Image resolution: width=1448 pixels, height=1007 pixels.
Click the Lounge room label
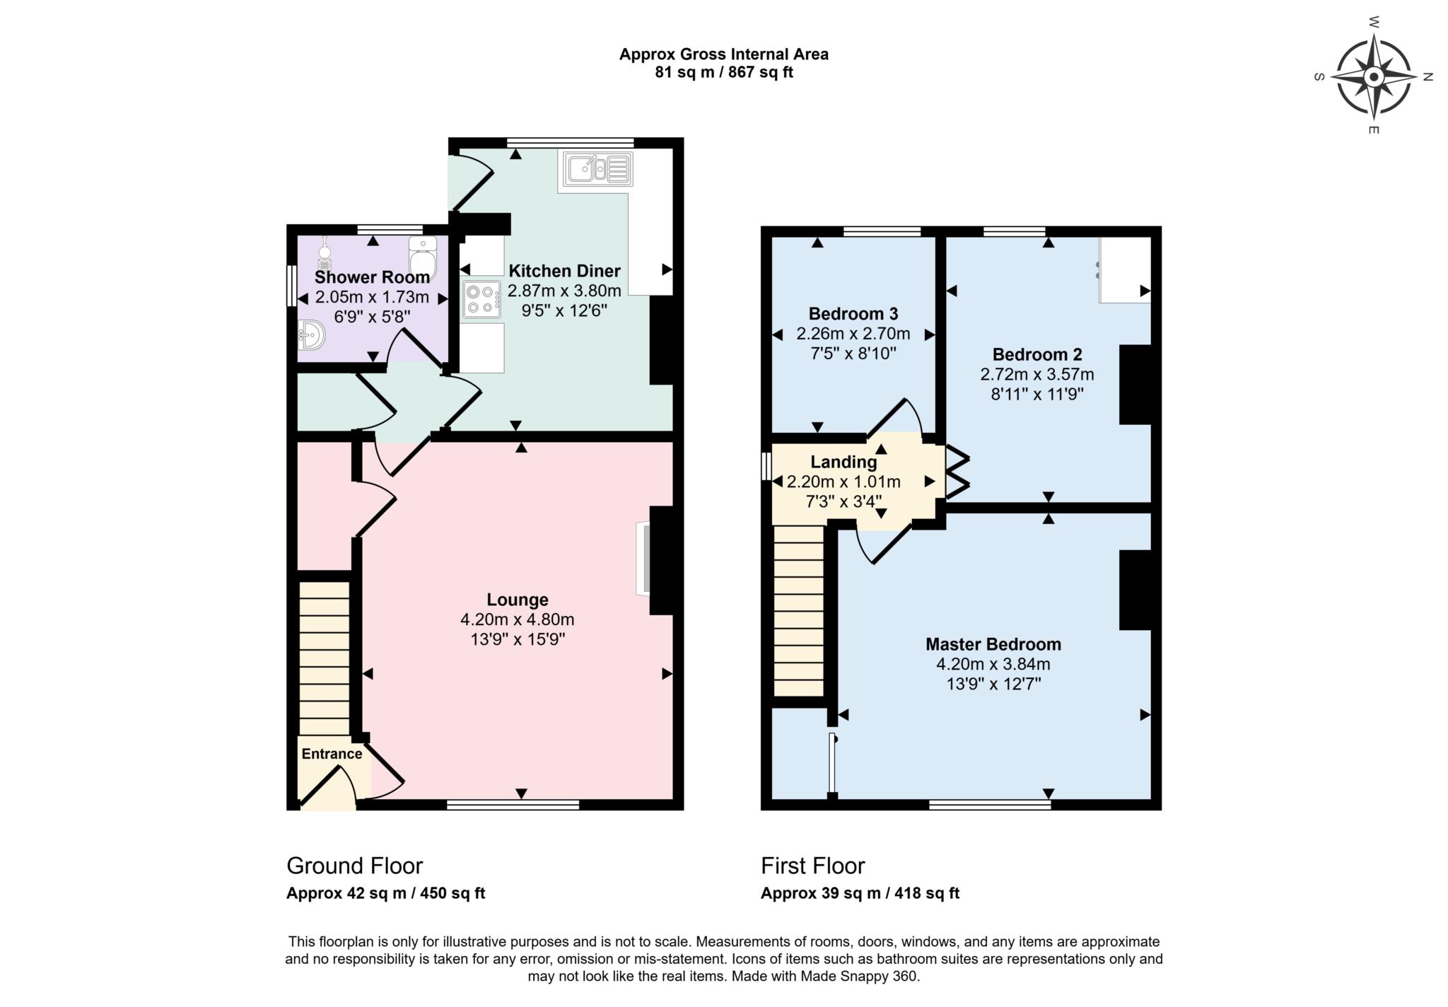[x=518, y=600]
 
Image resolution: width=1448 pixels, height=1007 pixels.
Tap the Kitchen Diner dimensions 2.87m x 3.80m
[x=564, y=291]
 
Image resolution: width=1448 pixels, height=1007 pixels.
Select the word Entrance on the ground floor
[x=332, y=754]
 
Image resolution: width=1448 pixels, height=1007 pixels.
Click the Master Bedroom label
[x=993, y=644]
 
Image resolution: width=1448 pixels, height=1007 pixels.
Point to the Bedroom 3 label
[x=853, y=313]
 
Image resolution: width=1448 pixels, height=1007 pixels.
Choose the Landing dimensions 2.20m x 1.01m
[x=843, y=482]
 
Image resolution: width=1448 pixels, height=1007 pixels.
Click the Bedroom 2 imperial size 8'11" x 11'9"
[x=1037, y=394]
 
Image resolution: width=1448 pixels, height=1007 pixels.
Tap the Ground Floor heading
[x=354, y=866]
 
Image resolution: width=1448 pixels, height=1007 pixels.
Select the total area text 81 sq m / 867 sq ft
[x=724, y=72]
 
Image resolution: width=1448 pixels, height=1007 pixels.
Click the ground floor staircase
[x=324, y=658]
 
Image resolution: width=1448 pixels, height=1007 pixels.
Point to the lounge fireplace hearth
[x=643, y=559]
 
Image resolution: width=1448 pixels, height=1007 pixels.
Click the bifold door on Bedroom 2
[x=958, y=471]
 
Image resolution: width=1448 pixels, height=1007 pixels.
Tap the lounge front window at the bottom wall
[x=513, y=804]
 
